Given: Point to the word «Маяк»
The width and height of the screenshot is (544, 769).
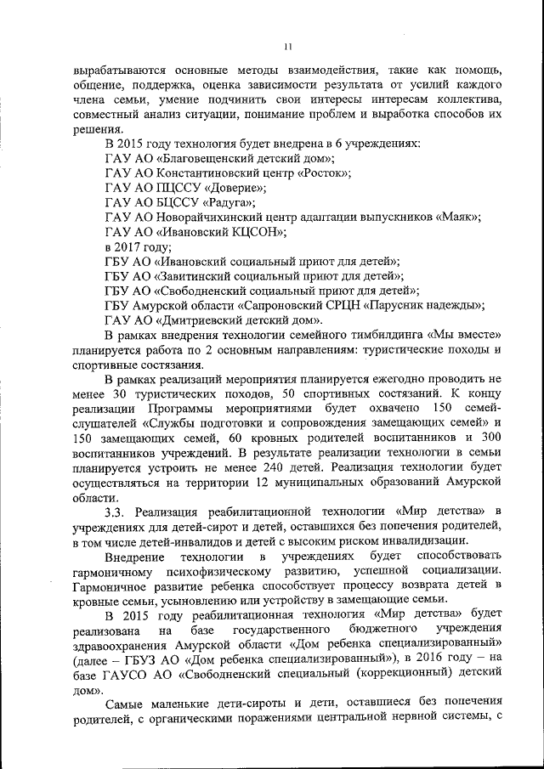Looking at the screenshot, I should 458,217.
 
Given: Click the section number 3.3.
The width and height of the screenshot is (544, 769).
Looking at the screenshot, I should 116,510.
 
